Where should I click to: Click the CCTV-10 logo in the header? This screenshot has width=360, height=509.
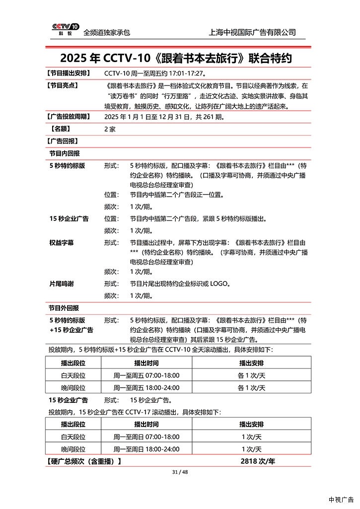point(65,30)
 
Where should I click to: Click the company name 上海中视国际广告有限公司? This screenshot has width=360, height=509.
point(253,32)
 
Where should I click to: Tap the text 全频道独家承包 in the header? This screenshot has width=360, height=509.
point(107,32)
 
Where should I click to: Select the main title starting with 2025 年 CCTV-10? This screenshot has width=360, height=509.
point(176,58)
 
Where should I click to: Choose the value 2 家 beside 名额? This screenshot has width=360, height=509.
point(110,129)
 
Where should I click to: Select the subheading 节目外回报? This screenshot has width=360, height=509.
point(64,308)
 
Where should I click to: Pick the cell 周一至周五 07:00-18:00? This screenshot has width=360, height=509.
point(146,375)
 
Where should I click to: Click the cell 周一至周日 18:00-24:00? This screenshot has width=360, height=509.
point(146,449)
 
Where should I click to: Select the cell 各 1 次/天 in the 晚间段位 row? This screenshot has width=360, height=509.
point(251,388)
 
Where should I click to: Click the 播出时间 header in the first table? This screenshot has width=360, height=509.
point(146,363)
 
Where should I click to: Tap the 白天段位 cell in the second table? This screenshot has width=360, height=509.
point(73,437)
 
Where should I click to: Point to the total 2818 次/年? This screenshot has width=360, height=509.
point(257,461)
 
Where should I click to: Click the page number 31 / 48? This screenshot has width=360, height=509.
point(179,472)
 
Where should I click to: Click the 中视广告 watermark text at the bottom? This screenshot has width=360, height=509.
point(341,500)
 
